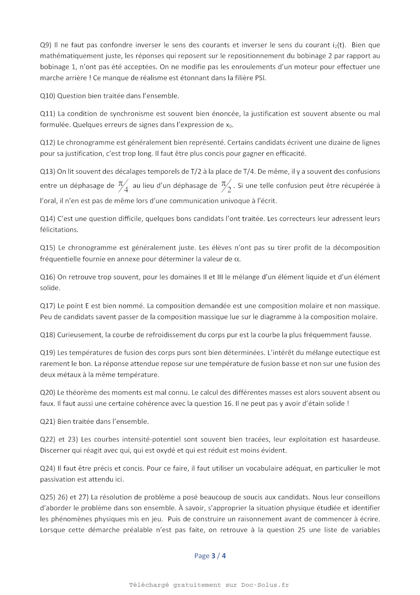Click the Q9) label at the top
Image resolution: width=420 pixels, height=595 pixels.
[46, 45]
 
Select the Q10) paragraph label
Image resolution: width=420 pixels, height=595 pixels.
[48, 96]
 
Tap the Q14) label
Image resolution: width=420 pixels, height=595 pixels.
[48, 219]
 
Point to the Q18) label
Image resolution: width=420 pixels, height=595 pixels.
[48, 335]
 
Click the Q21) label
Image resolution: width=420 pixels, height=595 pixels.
[48, 422]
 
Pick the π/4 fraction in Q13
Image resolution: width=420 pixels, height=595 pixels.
[123, 186]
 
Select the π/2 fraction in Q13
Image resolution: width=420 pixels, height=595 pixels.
[226, 186]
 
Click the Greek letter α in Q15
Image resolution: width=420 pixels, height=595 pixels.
[237, 259]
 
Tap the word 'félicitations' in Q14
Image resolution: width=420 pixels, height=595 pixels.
[59, 230]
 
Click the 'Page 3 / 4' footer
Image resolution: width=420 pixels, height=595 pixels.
[210, 556]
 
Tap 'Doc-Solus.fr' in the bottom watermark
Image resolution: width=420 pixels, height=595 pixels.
[265, 585]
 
